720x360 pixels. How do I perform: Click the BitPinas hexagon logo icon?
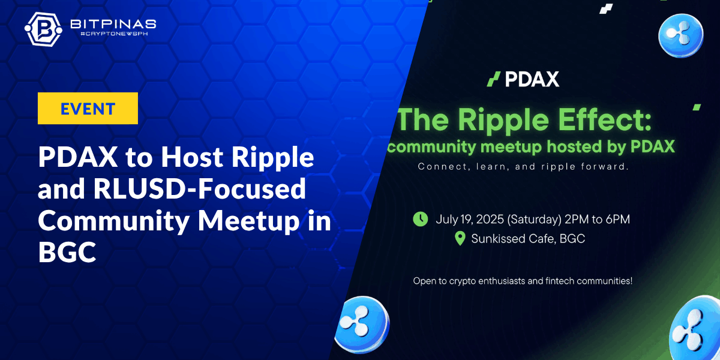pyautogui.click(x=43, y=29)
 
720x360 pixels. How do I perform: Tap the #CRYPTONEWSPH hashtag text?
pyautogui.click(x=114, y=34)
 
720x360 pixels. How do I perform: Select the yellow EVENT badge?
pyautogui.click(x=88, y=109)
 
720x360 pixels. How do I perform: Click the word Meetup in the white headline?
pyautogui.click(x=248, y=221)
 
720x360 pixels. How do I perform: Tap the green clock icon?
pyautogui.click(x=421, y=219)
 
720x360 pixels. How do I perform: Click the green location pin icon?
pyautogui.click(x=460, y=239)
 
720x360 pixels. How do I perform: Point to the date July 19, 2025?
pyautogui.click(x=470, y=220)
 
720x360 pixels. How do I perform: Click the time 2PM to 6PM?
pyautogui.click(x=597, y=219)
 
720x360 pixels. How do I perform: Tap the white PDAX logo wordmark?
pyautogui.click(x=532, y=79)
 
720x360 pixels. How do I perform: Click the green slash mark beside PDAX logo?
pyautogui.click(x=493, y=79)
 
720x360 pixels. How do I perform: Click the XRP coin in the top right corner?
pyautogui.click(x=681, y=35)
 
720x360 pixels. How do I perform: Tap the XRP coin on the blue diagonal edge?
pyautogui.click(x=362, y=325)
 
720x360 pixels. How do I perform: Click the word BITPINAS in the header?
pyautogui.click(x=113, y=24)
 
